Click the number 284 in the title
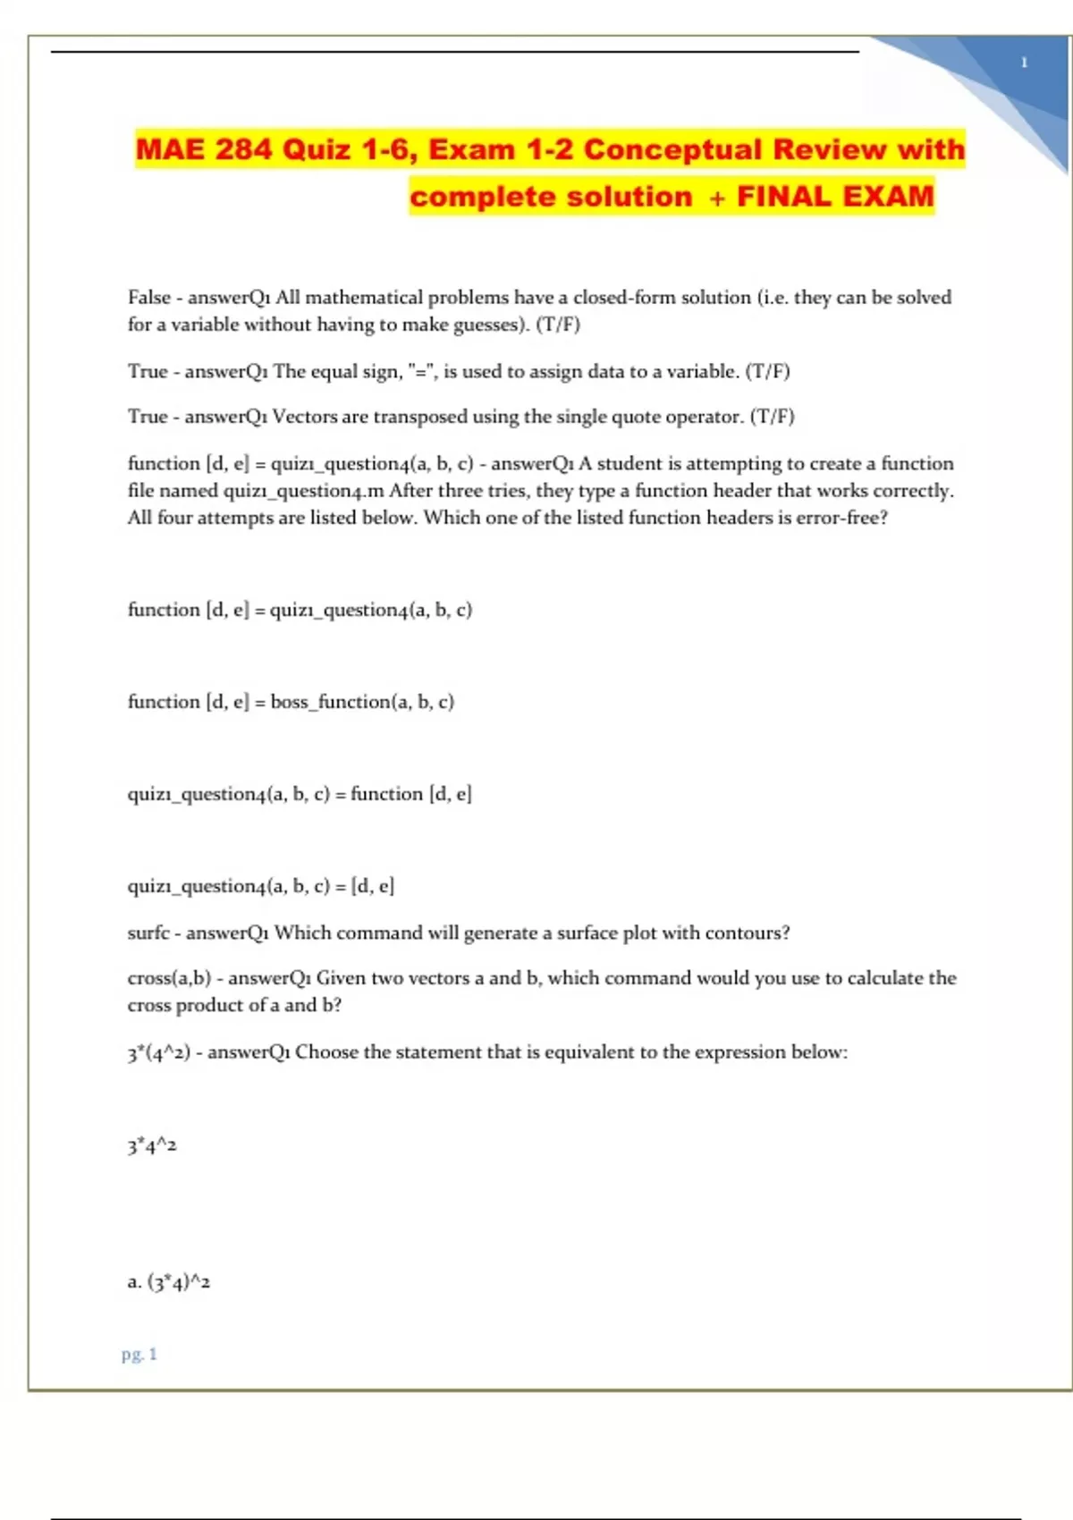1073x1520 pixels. [x=242, y=149]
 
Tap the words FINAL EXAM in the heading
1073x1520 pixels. [x=835, y=196]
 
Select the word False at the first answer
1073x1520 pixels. [x=148, y=297]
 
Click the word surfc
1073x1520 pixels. [x=148, y=933]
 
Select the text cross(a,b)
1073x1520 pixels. [x=169, y=978]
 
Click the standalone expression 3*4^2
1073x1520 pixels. [x=152, y=1145]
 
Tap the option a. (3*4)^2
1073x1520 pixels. [x=169, y=1282]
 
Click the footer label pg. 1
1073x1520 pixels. [x=139, y=1355]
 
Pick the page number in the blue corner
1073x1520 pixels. [x=1024, y=63]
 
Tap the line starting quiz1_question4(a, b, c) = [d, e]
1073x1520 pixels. [x=260, y=886]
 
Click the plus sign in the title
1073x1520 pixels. [x=716, y=198]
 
